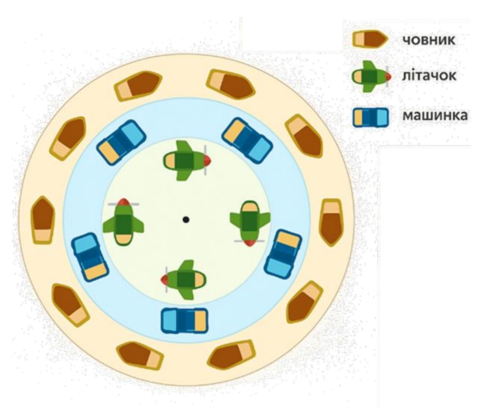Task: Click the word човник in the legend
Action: (x=429, y=40)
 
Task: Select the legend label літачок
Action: (x=429, y=76)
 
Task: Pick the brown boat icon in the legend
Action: (x=370, y=40)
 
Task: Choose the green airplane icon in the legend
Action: (x=372, y=76)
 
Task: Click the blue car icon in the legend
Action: (x=370, y=117)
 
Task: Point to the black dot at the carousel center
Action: (x=186, y=219)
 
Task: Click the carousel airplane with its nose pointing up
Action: (x=124, y=222)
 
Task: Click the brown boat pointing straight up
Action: (x=43, y=220)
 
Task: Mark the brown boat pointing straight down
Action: (x=331, y=222)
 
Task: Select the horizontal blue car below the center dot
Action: (x=184, y=320)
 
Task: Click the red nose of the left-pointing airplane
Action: (x=165, y=280)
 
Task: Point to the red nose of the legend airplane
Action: (x=388, y=76)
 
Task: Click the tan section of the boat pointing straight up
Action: (x=43, y=235)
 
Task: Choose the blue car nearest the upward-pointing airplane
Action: (x=90, y=257)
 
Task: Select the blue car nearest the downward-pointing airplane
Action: (x=283, y=254)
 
